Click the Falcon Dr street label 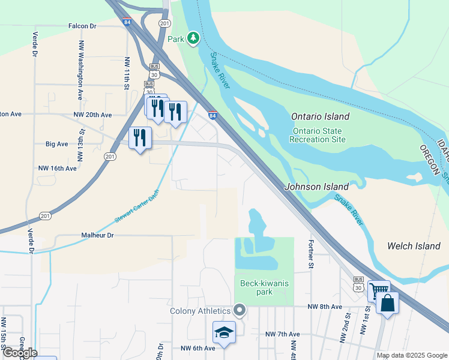(x=82, y=26)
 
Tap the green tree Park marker (x=193, y=38)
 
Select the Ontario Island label (x=320, y=116)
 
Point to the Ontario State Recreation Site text (x=319, y=135)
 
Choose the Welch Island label (x=414, y=246)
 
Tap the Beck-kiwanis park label (x=264, y=287)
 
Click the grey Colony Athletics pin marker (x=240, y=310)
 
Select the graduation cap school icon (x=224, y=332)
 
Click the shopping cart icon (x=378, y=290)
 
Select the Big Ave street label (x=57, y=144)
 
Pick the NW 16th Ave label (x=57, y=169)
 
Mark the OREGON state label (x=430, y=160)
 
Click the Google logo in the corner (x=19, y=352)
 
